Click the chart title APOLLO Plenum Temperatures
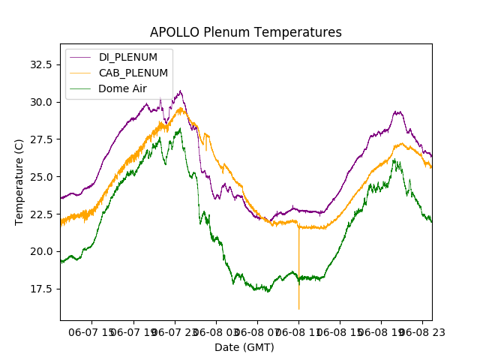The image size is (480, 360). coord(245,32)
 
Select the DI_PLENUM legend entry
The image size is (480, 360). coord(128,58)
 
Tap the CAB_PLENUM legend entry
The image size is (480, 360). coord(133,73)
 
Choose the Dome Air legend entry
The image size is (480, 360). coord(123,88)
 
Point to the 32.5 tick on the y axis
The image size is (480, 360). coord(39,64)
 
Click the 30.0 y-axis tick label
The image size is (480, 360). coord(39,102)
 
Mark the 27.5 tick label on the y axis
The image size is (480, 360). coord(39,139)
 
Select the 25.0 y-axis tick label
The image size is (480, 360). coord(39,177)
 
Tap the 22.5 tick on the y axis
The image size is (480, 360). coord(39,214)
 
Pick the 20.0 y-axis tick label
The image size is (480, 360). coord(39,251)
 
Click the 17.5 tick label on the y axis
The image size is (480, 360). coord(39,289)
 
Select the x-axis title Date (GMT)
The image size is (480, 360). coord(244,347)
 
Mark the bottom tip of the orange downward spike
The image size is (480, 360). coord(298,309)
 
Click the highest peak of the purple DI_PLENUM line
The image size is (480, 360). coord(180,91)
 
